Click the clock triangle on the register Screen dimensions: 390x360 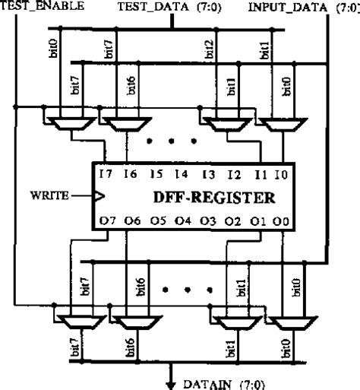coord(97,196)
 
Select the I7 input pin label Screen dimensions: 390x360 coord(106,174)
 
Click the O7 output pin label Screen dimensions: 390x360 coord(107,222)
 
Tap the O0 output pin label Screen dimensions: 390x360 coord(283,222)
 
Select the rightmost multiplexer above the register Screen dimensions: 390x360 coord(280,119)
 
